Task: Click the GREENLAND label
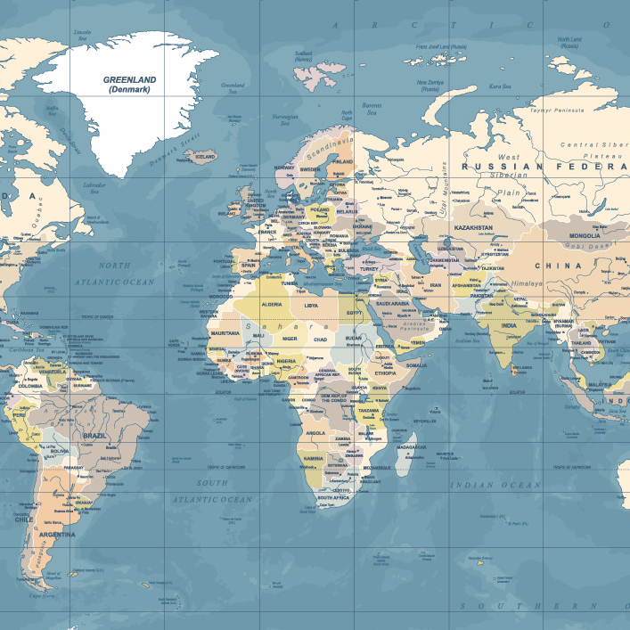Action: tap(129, 79)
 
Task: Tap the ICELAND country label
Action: tap(205, 156)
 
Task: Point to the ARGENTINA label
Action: tap(56, 535)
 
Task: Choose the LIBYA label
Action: tap(311, 306)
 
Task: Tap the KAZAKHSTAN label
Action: tap(473, 228)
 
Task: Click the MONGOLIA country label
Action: tap(584, 236)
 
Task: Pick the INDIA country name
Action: tap(508, 325)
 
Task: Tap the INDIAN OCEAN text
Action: tap(495, 485)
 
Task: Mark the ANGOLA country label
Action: tap(316, 433)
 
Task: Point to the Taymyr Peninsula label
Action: tap(558, 109)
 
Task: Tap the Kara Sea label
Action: tap(500, 86)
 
